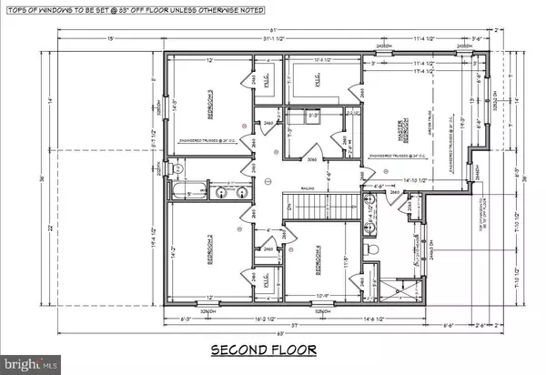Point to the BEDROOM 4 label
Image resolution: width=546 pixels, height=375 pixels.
coord(318,260)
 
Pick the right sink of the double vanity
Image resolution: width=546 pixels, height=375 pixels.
coord(240,192)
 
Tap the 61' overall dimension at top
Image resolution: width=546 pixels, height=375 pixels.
coord(285,29)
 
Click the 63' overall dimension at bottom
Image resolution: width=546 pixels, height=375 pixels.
coord(285,331)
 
